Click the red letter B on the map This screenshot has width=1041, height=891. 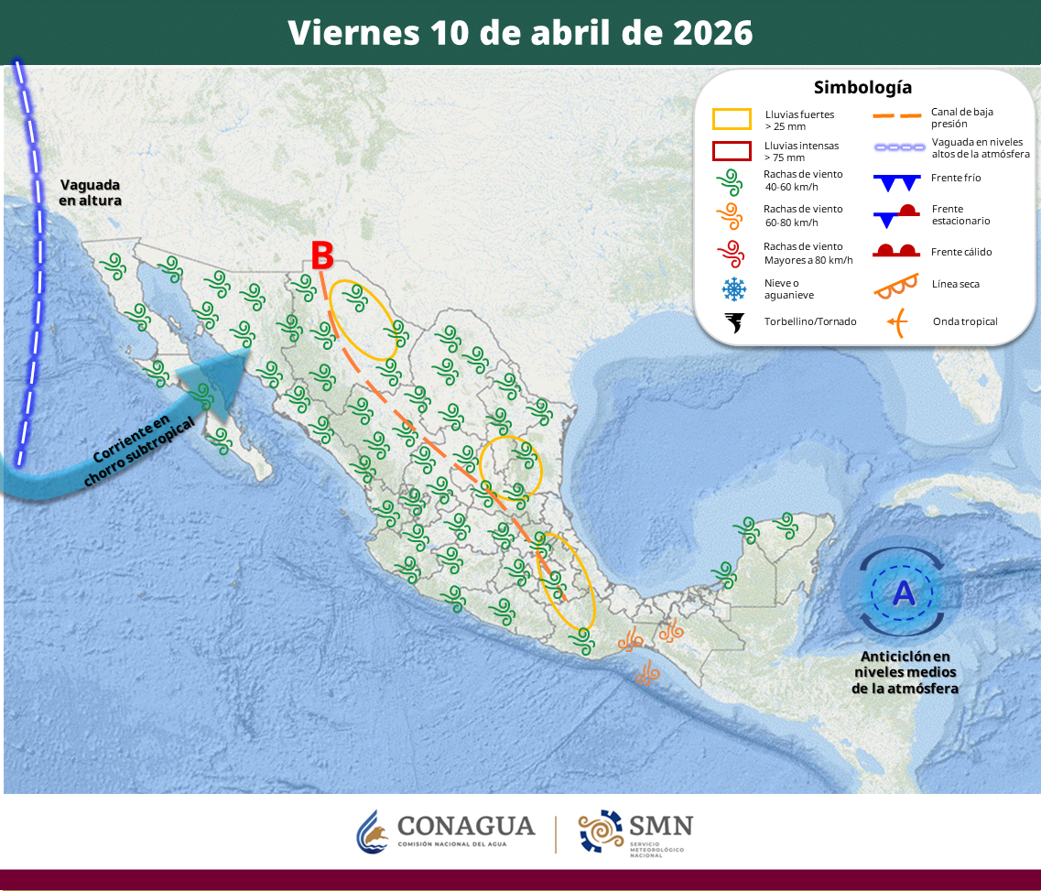pos(321,255)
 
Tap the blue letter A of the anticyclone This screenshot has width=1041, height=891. pos(904,593)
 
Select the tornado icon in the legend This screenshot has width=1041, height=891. pos(733,322)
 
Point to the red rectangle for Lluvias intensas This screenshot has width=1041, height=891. pos(732,151)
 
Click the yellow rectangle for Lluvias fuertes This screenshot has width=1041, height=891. pos(732,119)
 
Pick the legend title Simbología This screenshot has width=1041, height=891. pos(862,88)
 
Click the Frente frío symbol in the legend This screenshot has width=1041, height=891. pos(895,181)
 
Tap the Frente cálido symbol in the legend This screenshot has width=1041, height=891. pos(895,250)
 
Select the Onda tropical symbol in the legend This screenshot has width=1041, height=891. pos(895,321)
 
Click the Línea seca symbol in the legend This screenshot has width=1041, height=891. pos(895,286)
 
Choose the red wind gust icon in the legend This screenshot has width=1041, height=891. pos(733,253)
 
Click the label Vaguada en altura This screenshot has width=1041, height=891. pos(91,192)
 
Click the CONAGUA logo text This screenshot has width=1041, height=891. pos(465,827)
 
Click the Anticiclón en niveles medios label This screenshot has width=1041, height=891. pos(905,672)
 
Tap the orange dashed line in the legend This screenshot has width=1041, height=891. pos(895,116)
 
